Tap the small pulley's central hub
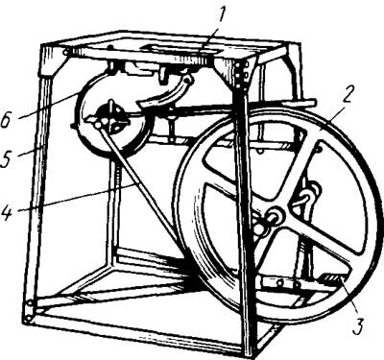pos(109,119)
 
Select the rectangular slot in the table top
pos(180,49)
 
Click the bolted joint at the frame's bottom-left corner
pos(31,310)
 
